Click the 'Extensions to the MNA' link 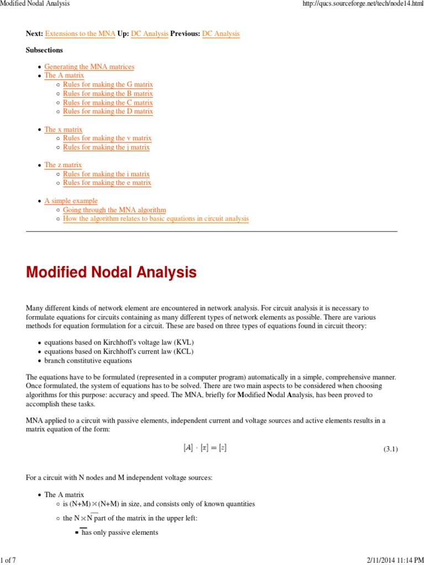click(x=80, y=34)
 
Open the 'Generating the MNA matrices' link click(x=89, y=67)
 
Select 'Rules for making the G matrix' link click(x=108, y=84)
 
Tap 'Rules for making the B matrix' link click(x=108, y=94)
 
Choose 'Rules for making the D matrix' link click(x=108, y=111)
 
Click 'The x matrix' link click(x=63, y=129)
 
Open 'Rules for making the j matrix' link click(x=106, y=147)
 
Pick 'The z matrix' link click(x=63, y=165)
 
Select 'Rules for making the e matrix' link click(x=107, y=183)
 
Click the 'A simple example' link click(x=71, y=201)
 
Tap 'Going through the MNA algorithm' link click(x=114, y=210)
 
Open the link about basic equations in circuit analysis click(x=156, y=218)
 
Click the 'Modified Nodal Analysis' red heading click(x=111, y=272)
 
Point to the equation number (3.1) click(x=390, y=449)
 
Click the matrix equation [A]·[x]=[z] click(x=204, y=448)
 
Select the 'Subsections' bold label click(x=44, y=50)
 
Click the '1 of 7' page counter click(x=8, y=561)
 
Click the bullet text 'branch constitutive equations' click(x=88, y=360)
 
